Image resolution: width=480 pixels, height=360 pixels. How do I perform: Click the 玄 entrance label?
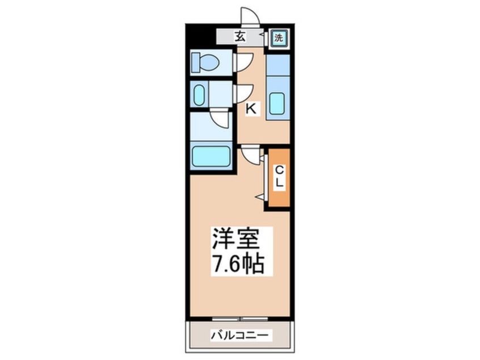(x=240, y=37)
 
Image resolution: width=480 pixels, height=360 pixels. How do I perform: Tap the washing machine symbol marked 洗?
(x=278, y=38)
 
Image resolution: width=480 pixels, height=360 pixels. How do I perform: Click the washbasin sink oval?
(x=199, y=94)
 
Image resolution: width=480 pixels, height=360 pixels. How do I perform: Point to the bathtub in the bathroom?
(x=211, y=157)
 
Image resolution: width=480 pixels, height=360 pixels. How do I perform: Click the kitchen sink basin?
(x=278, y=104)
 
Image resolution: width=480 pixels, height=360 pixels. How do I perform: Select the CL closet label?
(x=280, y=178)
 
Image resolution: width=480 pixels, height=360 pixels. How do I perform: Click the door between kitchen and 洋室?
(x=250, y=154)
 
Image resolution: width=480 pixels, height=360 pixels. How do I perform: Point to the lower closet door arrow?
(x=261, y=196)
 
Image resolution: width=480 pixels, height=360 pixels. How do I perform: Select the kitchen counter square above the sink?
(x=278, y=65)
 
